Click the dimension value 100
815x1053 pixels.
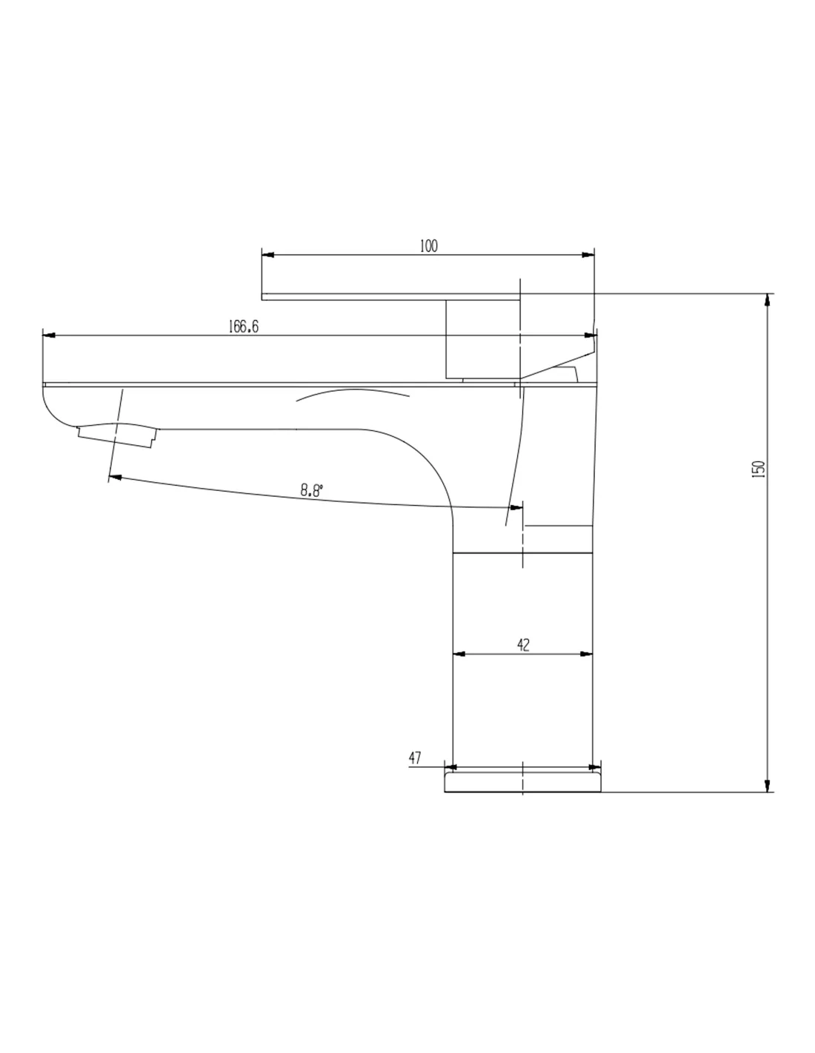428,246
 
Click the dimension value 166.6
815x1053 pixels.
243,327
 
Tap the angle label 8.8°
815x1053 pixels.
311,490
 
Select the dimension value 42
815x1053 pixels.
523,645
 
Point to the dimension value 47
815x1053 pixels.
414,758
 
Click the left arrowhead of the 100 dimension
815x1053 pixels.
267,255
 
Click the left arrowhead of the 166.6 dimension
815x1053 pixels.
49,335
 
